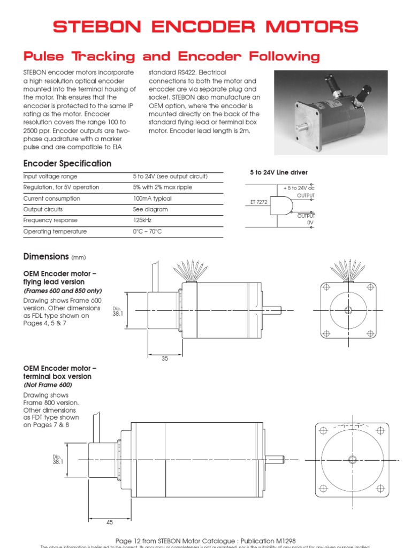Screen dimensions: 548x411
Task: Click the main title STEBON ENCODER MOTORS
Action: click(x=205, y=27)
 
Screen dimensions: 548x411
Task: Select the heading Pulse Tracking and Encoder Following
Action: click(x=171, y=56)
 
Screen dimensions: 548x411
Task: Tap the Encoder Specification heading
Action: click(x=67, y=163)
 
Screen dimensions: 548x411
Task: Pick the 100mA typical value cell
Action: click(x=153, y=199)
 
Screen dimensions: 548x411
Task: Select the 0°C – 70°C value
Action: click(x=147, y=232)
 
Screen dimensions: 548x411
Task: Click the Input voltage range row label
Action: click(x=50, y=177)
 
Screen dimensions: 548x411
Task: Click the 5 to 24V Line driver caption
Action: click(x=279, y=172)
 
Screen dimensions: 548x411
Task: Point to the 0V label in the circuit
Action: click(x=310, y=222)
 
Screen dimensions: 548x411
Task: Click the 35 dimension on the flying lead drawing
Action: click(x=165, y=359)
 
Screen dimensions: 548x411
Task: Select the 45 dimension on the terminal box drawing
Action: click(x=110, y=522)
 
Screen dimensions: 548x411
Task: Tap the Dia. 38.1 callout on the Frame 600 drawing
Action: click(x=118, y=312)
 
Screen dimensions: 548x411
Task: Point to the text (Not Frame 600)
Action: click(x=48, y=385)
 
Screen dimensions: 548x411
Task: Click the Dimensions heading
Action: click(x=46, y=257)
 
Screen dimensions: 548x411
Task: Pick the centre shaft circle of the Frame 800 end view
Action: click(x=352, y=459)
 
